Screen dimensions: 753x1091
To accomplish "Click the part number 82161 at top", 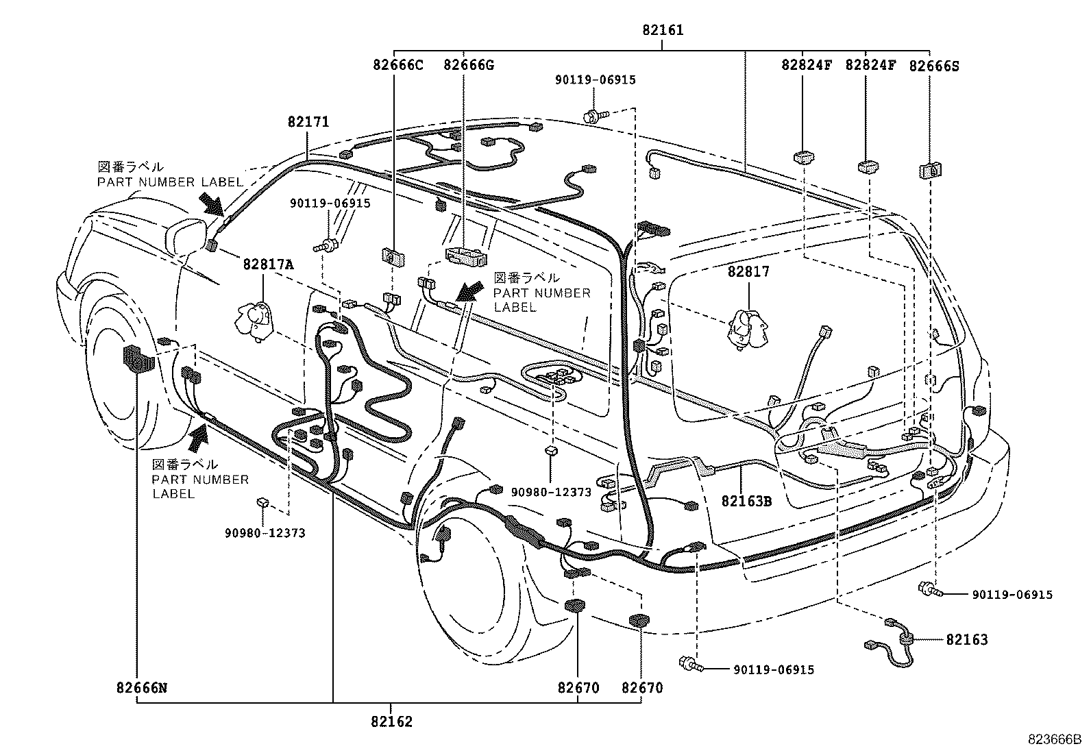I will coord(662,31).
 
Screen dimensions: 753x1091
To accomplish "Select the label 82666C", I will coord(397,66).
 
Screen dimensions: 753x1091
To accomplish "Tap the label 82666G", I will coord(468,66).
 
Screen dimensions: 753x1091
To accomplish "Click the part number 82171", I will coord(308,122).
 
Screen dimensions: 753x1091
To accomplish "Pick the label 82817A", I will coord(267,264).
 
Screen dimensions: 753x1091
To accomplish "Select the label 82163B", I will coord(746,501).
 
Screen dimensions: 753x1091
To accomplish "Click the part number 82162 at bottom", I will coord(391,721).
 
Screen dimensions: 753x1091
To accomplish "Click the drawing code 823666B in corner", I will coord(1053,739).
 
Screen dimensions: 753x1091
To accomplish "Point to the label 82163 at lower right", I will coord(966,640).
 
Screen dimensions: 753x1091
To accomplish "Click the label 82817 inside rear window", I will coord(748,272).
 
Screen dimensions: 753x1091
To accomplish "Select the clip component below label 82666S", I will coord(929,170).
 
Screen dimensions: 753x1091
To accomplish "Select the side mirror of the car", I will coord(188,235).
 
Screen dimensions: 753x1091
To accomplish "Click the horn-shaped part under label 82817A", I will coord(255,319).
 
